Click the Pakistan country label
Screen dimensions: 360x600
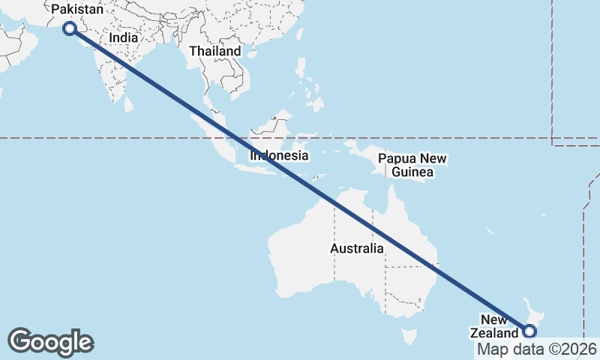click(77, 9)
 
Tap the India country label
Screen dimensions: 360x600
click(123, 38)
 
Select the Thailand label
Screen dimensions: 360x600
click(215, 51)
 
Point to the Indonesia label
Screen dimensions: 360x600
click(279, 156)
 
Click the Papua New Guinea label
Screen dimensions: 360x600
click(412, 166)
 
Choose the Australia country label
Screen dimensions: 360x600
click(357, 248)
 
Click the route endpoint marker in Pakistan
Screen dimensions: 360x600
click(70, 28)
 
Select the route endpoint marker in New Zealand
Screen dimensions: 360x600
click(530, 331)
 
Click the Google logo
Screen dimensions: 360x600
click(51, 342)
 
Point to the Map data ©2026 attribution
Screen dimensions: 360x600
click(536, 349)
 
